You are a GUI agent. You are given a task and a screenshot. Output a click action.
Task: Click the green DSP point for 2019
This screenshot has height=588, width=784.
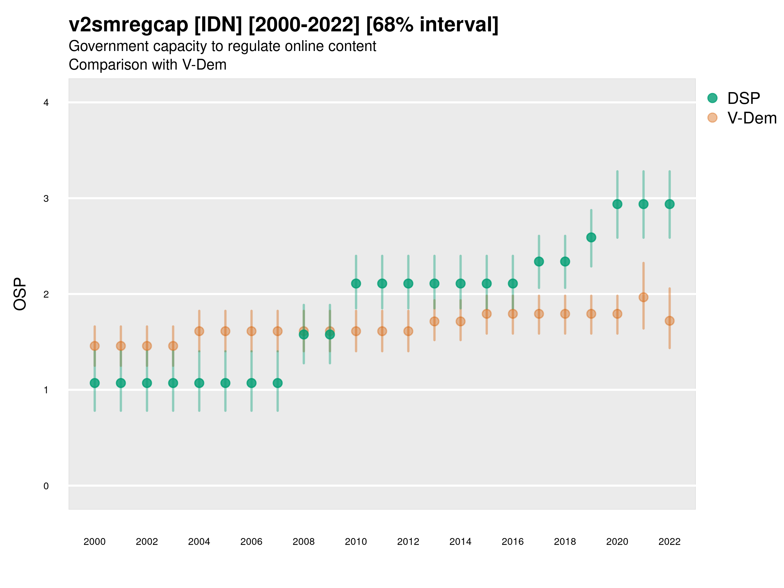pyautogui.click(x=591, y=237)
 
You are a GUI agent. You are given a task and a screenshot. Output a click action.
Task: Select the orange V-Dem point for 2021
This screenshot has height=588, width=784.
pyautogui.click(x=643, y=297)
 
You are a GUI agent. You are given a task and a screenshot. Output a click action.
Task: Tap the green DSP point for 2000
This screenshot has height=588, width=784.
pyautogui.click(x=95, y=383)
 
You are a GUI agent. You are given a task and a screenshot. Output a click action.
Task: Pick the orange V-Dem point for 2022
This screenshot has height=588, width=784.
pyautogui.click(x=670, y=321)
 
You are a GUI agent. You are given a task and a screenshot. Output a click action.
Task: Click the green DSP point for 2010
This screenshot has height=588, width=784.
pyautogui.click(x=356, y=284)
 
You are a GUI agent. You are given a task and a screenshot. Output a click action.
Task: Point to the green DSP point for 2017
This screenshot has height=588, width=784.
pyautogui.click(x=539, y=262)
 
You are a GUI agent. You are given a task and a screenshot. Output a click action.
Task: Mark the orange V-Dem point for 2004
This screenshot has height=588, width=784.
pyautogui.click(x=199, y=331)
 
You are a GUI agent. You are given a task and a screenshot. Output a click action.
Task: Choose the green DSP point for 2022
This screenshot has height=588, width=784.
pyautogui.click(x=670, y=204)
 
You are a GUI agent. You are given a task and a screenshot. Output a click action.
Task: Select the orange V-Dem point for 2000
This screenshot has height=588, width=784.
pyautogui.click(x=95, y=346)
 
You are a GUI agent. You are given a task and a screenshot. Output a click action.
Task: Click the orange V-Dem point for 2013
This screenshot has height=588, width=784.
pyautogui.click(x=434, y=321)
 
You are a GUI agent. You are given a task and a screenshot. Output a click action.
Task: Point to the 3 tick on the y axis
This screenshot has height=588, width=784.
pyautogui.click(x=46, y=199)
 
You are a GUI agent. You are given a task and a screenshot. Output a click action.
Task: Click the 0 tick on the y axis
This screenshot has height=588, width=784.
pyautogui.click(x=46, y=486)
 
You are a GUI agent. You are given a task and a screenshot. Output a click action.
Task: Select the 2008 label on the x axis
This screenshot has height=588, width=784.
pyautogui.click(x=304, y=542)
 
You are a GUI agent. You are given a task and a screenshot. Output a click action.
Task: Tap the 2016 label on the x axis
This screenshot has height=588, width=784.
pyautogui.click(x=513, y=542)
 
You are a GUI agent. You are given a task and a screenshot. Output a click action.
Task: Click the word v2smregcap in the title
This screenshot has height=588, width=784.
pyautogui.click(x=128, y=25)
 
